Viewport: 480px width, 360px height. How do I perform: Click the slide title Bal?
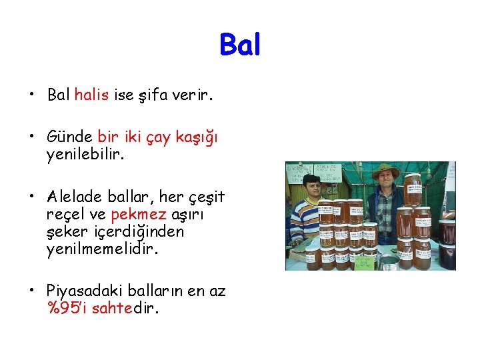[240, 45]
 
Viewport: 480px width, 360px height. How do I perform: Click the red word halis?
[91, 95]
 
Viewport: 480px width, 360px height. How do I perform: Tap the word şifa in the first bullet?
[155, 95]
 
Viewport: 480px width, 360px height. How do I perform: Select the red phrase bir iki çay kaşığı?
[157, 137]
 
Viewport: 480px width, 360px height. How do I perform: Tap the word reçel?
[65, 215]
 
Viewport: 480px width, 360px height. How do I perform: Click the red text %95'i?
[67, 309]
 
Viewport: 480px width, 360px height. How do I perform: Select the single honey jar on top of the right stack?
[413, 190]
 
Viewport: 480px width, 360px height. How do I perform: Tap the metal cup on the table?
[389, 263]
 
